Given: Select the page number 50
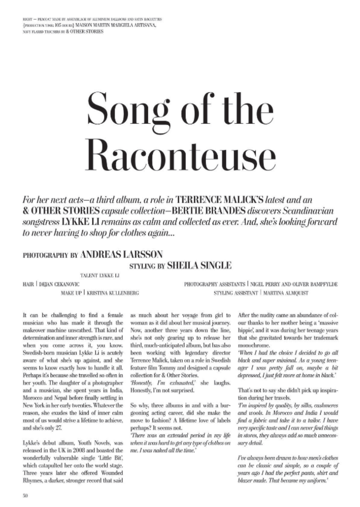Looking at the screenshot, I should (x=26, y=496).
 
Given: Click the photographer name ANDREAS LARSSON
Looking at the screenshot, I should (x=122, y=255).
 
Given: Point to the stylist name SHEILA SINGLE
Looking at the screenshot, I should (x=199, y=266).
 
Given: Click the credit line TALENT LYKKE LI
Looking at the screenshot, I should (x=99, y=276).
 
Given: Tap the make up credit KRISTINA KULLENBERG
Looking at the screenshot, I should (x=113, y=293).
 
